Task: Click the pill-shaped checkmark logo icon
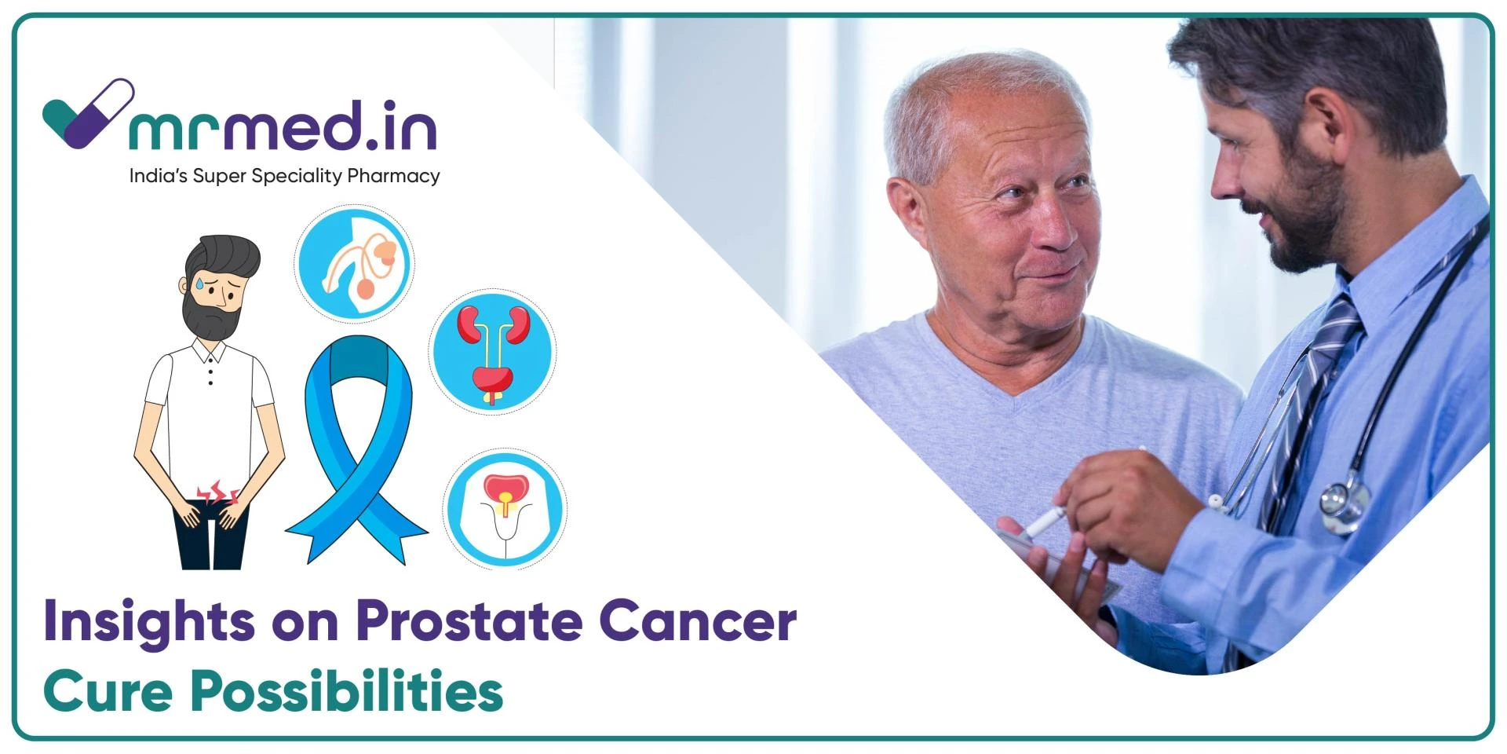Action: tap(87, 114)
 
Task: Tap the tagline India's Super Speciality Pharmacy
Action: tap(284, 176)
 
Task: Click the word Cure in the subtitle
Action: tap(108, 691)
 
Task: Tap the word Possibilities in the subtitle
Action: tap(346, 691)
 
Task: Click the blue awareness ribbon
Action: tap(357, 448)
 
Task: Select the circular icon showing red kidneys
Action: tap(492, 351)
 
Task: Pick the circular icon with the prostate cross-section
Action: tap(504, 508)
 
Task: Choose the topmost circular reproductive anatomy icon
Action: tap(355, 264)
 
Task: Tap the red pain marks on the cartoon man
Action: tap(216, 493)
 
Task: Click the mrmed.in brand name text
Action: tap(283, 126)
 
